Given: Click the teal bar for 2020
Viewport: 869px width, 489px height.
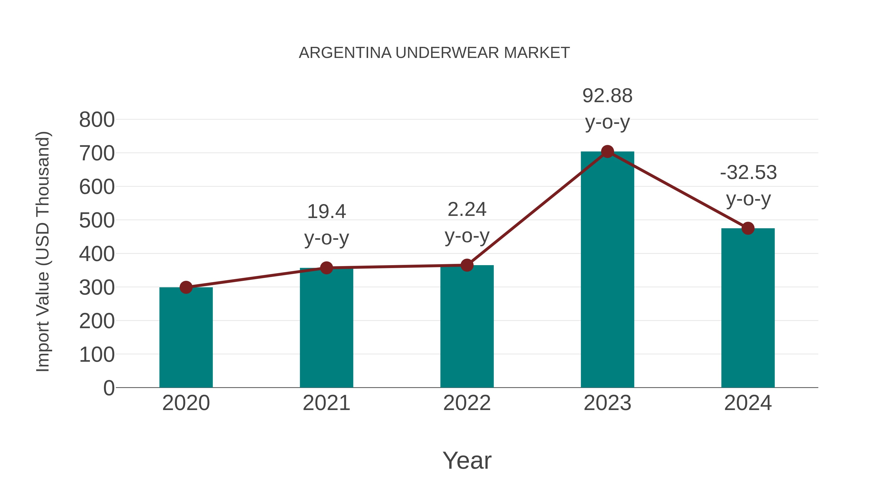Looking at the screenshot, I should point(186,338).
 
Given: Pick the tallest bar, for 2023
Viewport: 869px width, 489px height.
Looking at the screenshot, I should point(607,270).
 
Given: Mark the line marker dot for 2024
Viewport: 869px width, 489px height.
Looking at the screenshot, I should point(748,228).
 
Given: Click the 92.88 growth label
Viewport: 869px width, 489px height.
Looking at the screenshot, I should point(607,96).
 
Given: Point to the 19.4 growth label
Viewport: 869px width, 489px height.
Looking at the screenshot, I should point(326,212).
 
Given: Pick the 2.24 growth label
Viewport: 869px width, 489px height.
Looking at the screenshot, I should point(467,210).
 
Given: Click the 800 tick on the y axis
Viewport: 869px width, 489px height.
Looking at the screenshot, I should point(97,120).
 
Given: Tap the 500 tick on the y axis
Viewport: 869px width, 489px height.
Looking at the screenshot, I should point(97,221).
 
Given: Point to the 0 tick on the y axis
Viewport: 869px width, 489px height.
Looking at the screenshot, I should point(109,388).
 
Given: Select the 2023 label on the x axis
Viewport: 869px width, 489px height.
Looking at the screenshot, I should point(607,403).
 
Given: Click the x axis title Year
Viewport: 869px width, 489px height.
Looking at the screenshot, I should point(467,461).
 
